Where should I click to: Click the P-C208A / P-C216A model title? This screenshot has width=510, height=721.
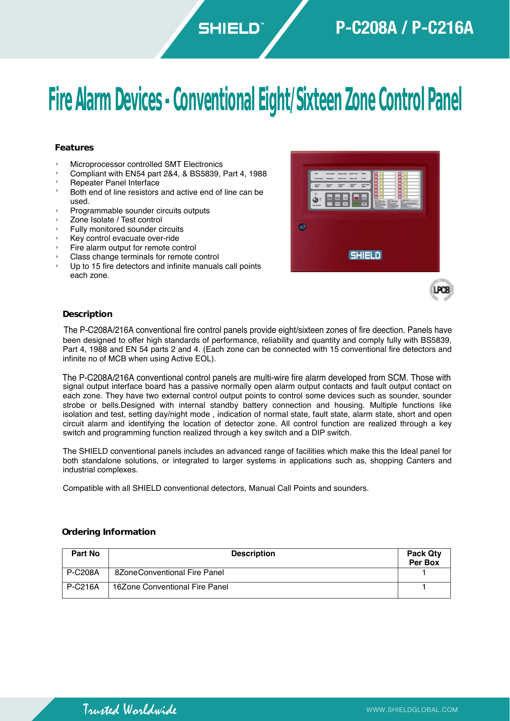(404, 28)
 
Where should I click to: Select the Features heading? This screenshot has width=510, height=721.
(74, 148)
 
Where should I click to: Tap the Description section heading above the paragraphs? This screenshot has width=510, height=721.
(88, 314)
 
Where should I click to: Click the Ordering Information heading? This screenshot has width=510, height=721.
(109, 532)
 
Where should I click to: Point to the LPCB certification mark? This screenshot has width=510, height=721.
(441, 290)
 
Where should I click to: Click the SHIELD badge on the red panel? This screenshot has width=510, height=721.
(365, 255)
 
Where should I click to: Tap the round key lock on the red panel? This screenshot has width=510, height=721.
(302, 226)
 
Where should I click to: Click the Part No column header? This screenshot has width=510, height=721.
(85, 554)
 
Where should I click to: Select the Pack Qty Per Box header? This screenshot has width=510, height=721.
(424, 558)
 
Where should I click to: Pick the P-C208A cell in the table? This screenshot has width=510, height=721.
(83, 573)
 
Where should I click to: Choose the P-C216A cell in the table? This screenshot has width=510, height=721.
(83, 587)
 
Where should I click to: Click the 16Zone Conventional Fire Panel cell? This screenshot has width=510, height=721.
(171, 587)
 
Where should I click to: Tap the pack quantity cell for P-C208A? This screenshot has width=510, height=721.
(424, 573)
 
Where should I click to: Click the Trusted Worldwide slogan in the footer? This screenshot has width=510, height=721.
(129, 709)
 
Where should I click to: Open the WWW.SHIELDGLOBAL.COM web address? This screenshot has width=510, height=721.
(412, 710)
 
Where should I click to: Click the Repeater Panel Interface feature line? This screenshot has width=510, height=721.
(115, 183)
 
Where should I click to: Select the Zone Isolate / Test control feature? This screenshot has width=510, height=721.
(116, 220)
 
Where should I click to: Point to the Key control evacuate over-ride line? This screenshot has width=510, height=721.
(125, 238)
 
